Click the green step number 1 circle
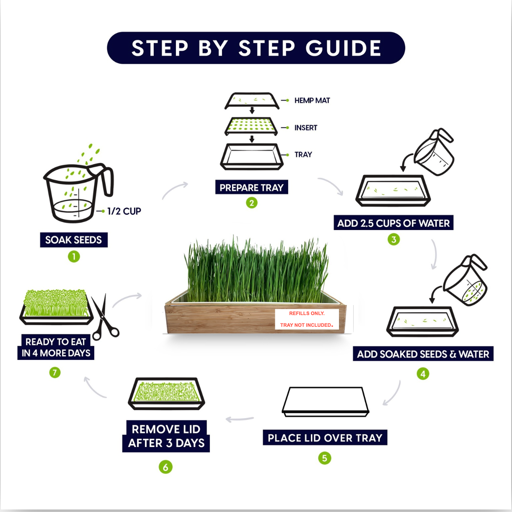(x=74, y=257)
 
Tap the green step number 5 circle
(x=324, y=458)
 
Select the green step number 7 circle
(x=55, y=372)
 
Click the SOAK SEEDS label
(x=74, y=240)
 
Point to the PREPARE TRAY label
(x=252, y=187)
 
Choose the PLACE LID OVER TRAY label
(x=325, y=437)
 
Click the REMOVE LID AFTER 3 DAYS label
(x=166, y=436)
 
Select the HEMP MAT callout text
(x=312, y=101)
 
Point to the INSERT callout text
(x=306, y=128)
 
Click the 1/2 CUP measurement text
(x=124, y=211)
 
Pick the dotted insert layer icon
(x=251, y=126)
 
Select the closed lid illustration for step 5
(x=325, y=402)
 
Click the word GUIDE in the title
(x=344, y=48)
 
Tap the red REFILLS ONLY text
(x=307, y=313)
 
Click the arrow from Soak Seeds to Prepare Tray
(x=174, y=189)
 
